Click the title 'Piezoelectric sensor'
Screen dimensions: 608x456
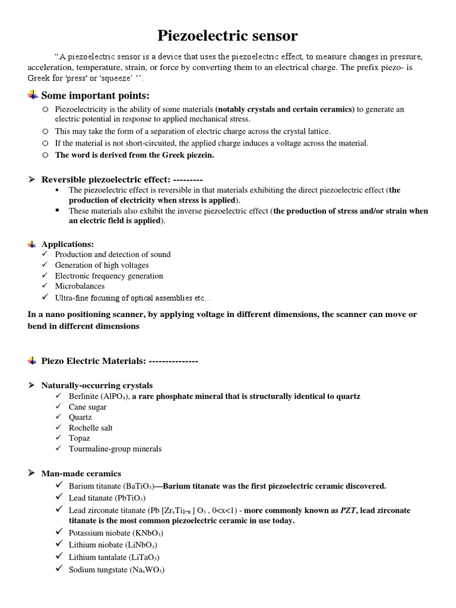[228, 36]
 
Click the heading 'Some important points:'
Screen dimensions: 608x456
[95, 96]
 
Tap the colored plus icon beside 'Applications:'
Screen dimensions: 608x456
[32, 244]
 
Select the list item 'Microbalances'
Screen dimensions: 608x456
[80, 286]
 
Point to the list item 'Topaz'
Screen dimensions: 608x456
[80, 438]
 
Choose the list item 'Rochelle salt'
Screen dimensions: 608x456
[91, 427]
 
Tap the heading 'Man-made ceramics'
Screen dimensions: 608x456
[81, 473]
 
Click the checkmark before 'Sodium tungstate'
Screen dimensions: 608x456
[59, 569]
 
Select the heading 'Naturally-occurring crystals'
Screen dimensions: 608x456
[97, 385]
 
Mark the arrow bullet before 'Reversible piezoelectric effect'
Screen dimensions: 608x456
[32, 179]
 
